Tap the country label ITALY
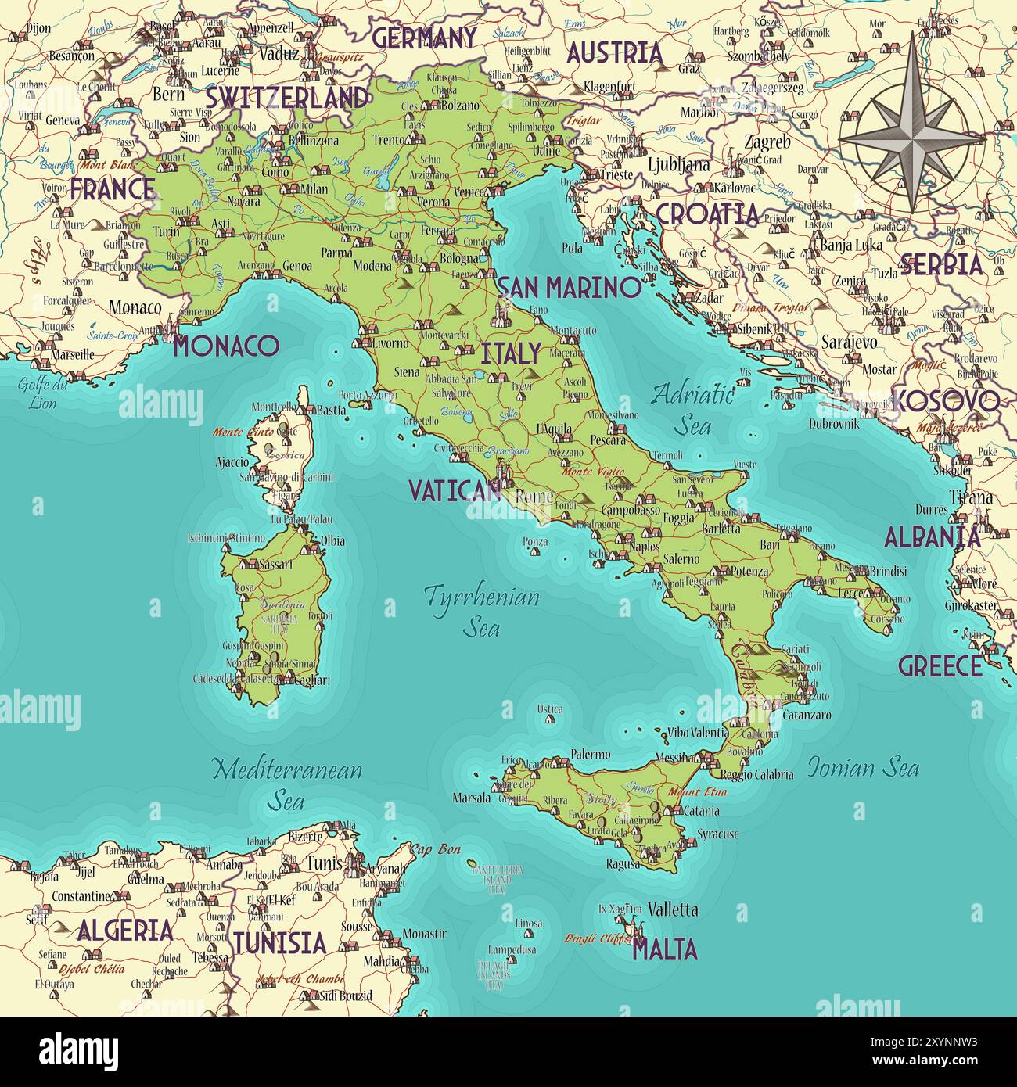510,353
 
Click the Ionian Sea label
863,767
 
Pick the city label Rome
535,497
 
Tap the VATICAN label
455,490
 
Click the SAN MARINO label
568,288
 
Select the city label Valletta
673,909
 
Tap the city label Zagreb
767,142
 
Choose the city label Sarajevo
849,343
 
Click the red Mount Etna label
697,792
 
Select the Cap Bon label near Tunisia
436,849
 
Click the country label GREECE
940,666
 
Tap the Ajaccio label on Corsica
232,462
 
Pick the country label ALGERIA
125,930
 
